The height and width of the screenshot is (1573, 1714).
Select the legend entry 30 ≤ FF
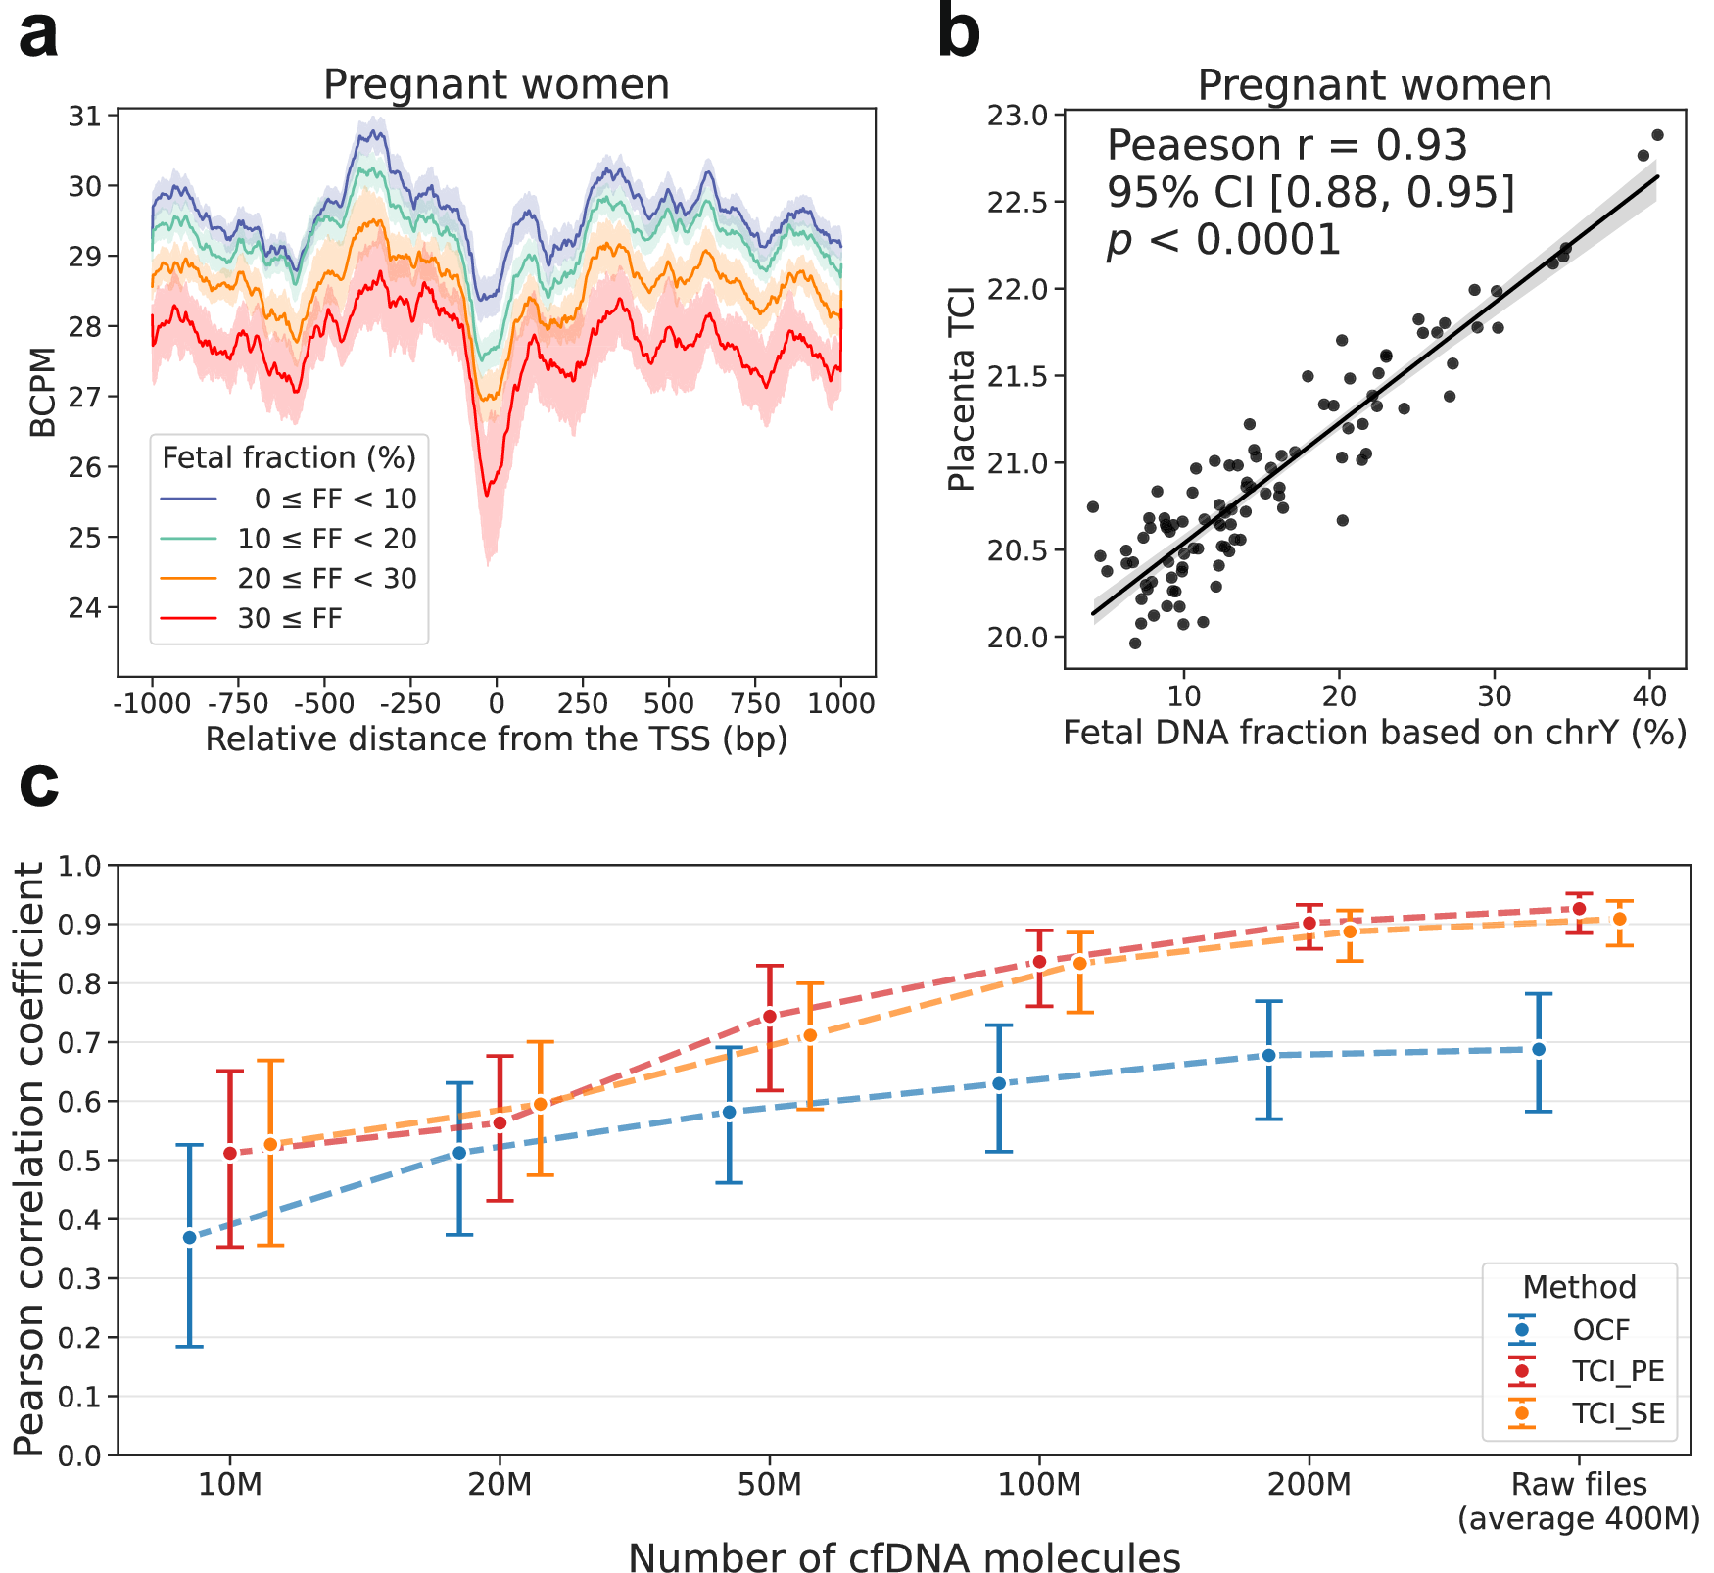[289, 619]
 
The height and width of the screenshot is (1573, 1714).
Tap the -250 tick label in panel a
[409, 704]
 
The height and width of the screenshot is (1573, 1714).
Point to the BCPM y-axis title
[42, 392]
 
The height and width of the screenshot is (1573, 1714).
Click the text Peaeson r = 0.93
[1286, 146]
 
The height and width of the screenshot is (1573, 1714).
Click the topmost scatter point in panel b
[1657, 135]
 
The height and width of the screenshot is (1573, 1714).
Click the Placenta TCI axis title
[963, 389]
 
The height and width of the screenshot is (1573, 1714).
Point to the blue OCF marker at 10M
[190, 1238]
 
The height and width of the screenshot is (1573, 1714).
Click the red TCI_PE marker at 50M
[770, 1016]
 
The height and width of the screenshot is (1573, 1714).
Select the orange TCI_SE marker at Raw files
[1620, 919]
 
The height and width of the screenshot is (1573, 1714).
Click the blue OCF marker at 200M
[1269, 1055]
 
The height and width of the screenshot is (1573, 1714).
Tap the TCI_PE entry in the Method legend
[1618, 1371]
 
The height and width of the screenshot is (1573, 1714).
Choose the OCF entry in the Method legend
[1601, 1330]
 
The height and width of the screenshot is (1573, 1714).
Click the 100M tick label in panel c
[1039, 1485]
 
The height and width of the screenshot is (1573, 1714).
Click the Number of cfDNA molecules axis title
[903, 1556]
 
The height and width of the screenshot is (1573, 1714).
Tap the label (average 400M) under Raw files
[1578, 1518]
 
